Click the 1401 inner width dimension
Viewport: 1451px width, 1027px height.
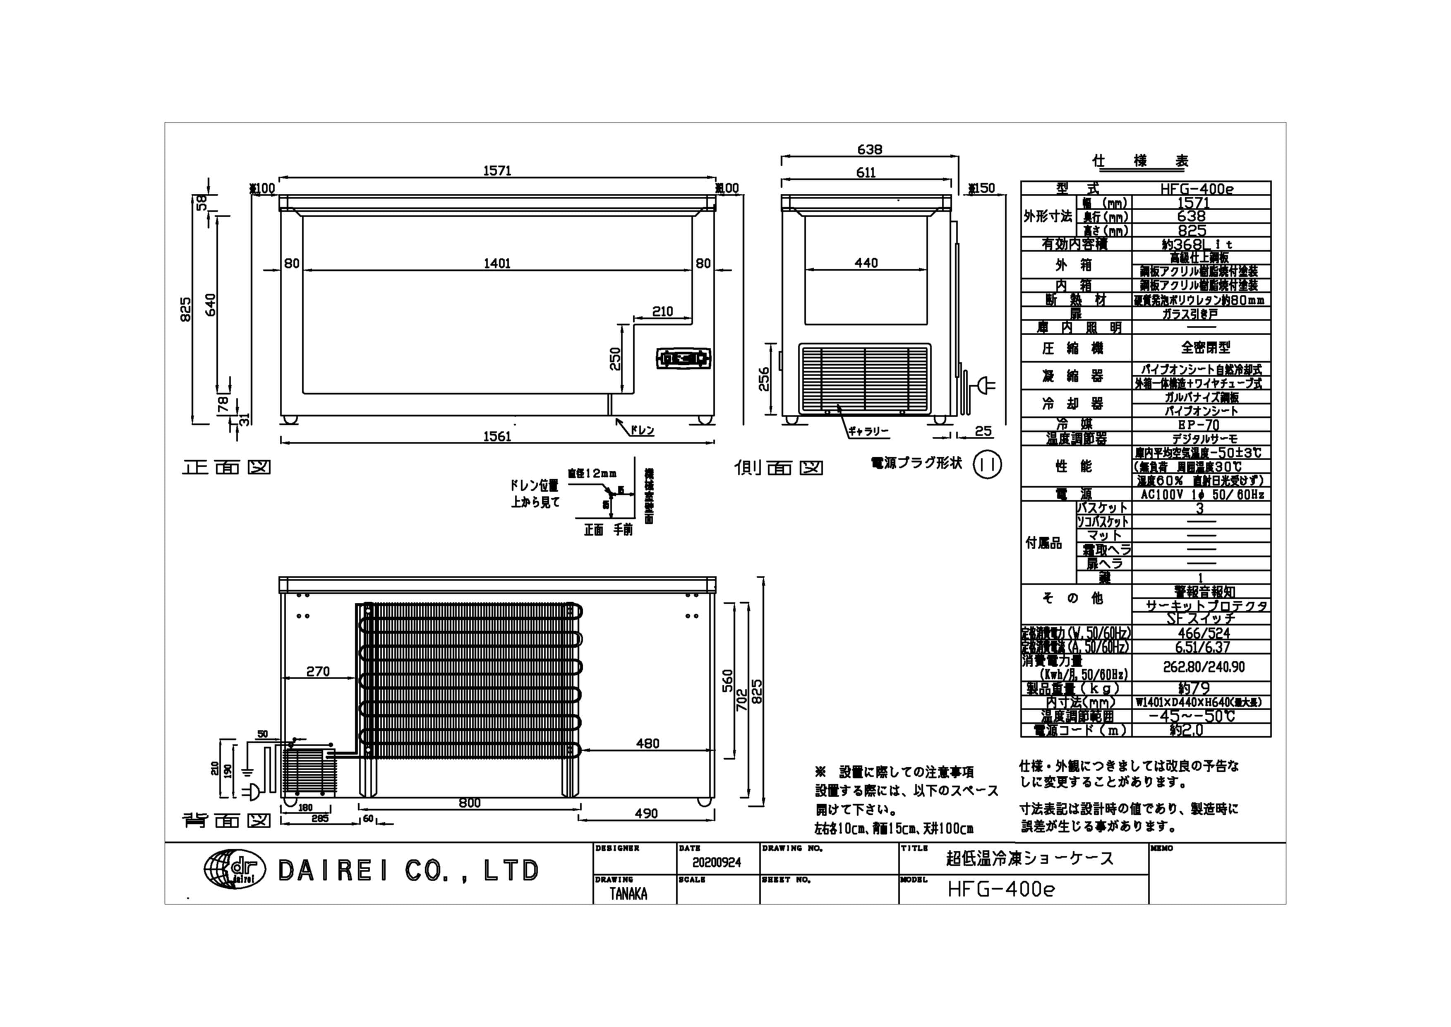497,264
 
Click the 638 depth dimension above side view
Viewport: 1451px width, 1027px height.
870,150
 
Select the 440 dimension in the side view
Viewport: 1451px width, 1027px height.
866,263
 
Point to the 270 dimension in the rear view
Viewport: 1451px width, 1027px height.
318,671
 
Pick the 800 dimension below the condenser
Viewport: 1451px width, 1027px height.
470,803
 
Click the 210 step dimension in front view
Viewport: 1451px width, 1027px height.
662,312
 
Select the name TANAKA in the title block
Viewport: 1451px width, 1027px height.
628,894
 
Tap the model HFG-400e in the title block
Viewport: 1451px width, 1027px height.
1001,890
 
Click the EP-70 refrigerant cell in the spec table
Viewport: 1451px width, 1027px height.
1201,424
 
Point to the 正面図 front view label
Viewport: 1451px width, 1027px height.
226,467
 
